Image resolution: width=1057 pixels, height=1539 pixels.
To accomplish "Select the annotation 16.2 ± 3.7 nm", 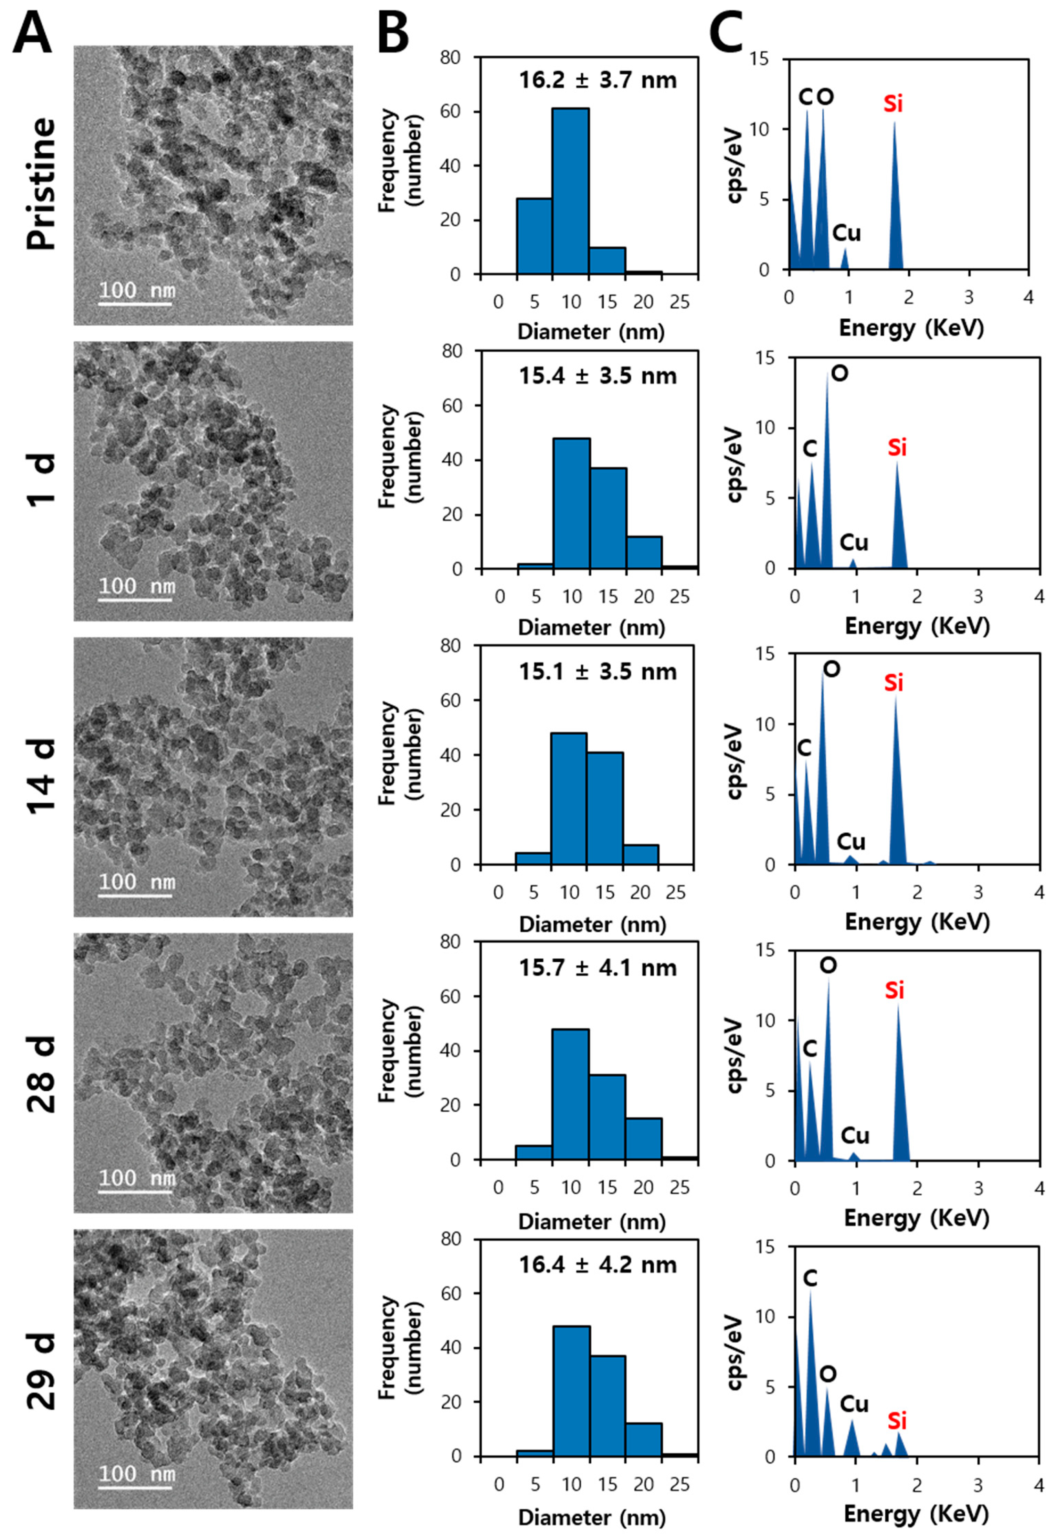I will (x=598, y=80).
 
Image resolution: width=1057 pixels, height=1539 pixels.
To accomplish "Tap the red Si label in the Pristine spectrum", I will (x=893, y=104).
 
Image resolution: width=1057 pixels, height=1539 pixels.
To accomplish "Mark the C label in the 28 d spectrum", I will (x=809, y=1048).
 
